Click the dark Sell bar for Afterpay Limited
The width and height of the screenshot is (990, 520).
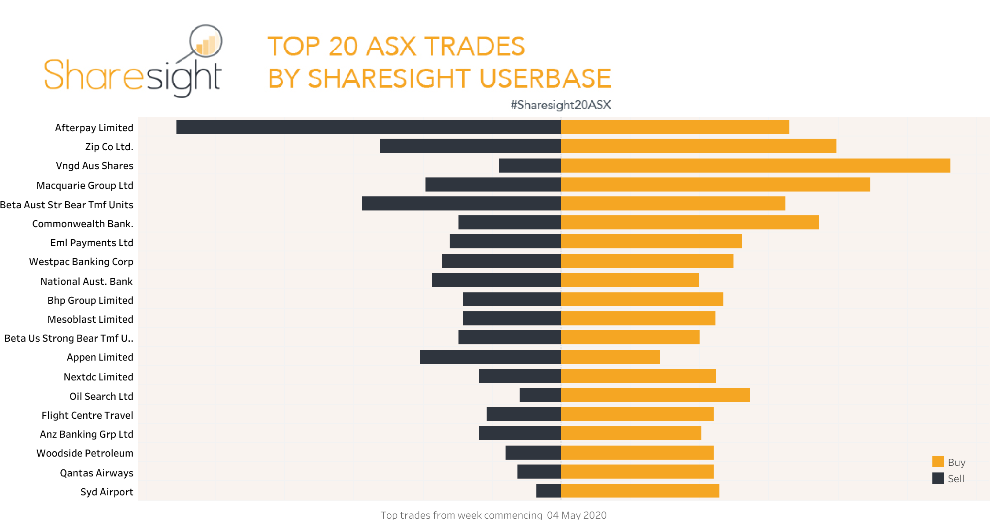tap(369, 127)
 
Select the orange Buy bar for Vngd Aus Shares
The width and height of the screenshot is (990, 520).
tap(755, 166)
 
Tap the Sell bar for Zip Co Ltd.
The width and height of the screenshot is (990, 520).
tap(470, 146)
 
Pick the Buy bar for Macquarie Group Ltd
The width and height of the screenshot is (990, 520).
tap(715, 184)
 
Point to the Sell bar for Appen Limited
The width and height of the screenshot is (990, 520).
tap(490, 357)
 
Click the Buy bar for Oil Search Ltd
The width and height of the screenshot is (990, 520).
tap(655, 395)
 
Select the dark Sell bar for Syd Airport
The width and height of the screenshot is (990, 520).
tap(549, 490)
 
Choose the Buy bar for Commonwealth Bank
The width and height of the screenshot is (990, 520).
tap(690, 222)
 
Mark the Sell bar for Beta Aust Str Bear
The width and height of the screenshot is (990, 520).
tap(462, 203)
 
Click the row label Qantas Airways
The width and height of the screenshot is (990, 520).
tap(96, 473)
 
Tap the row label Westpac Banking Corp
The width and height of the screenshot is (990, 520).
tap(81, 262)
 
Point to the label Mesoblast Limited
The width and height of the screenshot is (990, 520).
tap(90, 319)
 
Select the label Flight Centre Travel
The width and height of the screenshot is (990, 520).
tap(87, 415)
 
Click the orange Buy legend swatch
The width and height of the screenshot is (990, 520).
tap(938, 461)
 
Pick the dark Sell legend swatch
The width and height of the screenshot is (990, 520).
tap(938, 478)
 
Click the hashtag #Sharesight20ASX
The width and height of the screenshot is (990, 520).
tap(561, 105)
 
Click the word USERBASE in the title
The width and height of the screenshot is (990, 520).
tap(545, 78)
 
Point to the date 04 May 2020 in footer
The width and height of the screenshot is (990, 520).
tap(576, 515)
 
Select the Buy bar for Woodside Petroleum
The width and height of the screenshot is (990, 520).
tap(637, 453)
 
